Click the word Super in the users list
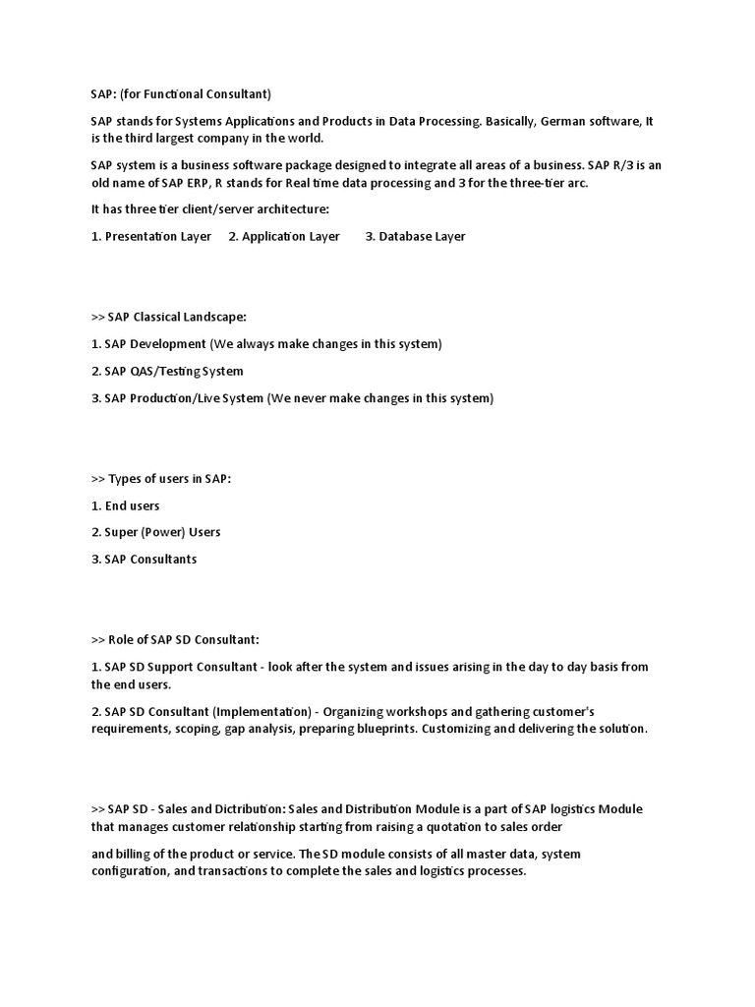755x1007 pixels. tap(122, 532)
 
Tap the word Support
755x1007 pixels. tap(169, 667)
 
